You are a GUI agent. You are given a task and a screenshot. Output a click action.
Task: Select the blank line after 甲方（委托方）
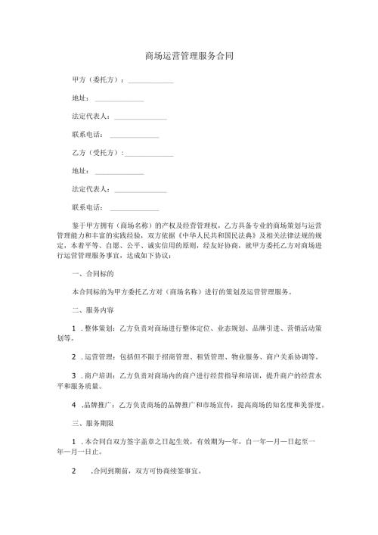click(x=151, y=82)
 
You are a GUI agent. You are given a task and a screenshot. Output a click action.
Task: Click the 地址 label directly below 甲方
click(x=79, y=98)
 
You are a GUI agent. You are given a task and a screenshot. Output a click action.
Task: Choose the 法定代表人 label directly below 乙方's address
click(x=90, y=189)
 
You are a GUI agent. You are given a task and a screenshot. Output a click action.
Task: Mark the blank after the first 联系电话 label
click(x=135, y=137)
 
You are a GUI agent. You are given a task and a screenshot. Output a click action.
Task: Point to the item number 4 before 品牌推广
click(x=73, y=403)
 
